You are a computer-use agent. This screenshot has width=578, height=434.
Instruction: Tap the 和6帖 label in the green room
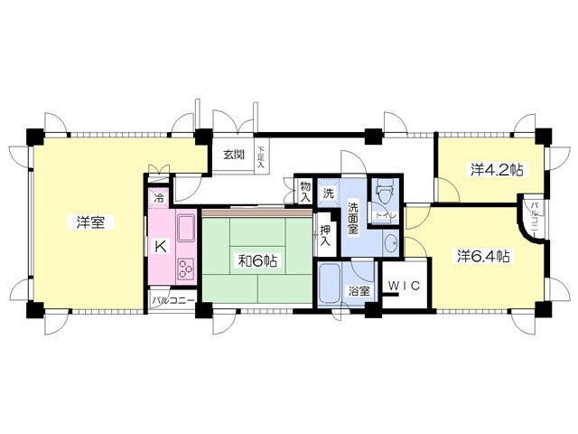point(257,261)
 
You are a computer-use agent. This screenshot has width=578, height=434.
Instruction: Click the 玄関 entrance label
point(234,155)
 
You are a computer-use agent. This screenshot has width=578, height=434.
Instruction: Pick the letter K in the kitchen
point(159,246)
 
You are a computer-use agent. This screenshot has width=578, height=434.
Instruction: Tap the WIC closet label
point(404,286)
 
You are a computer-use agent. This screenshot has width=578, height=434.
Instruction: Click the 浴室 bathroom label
point(359,291)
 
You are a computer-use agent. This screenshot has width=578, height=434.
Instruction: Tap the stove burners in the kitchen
point(187,268)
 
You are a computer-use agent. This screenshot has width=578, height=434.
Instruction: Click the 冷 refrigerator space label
point(160,198)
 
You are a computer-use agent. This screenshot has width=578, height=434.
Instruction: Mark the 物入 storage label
point(305,190)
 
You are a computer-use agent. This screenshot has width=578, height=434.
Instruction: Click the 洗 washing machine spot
point(330,192)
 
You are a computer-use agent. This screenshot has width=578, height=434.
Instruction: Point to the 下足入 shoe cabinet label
point(261,158)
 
